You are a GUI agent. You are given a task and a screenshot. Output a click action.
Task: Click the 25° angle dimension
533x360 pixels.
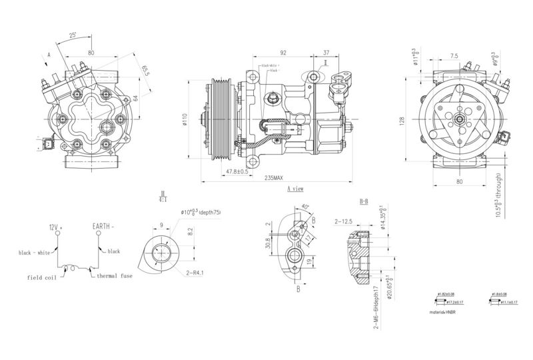click(x=72, y=33)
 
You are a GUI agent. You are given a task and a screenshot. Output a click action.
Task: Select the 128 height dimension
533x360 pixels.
click(x=402, y=120)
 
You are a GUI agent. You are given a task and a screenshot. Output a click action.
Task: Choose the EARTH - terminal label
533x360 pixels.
click(x=103, y=227)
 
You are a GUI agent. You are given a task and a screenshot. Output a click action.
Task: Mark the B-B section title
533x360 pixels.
click(x=364, y=201)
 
